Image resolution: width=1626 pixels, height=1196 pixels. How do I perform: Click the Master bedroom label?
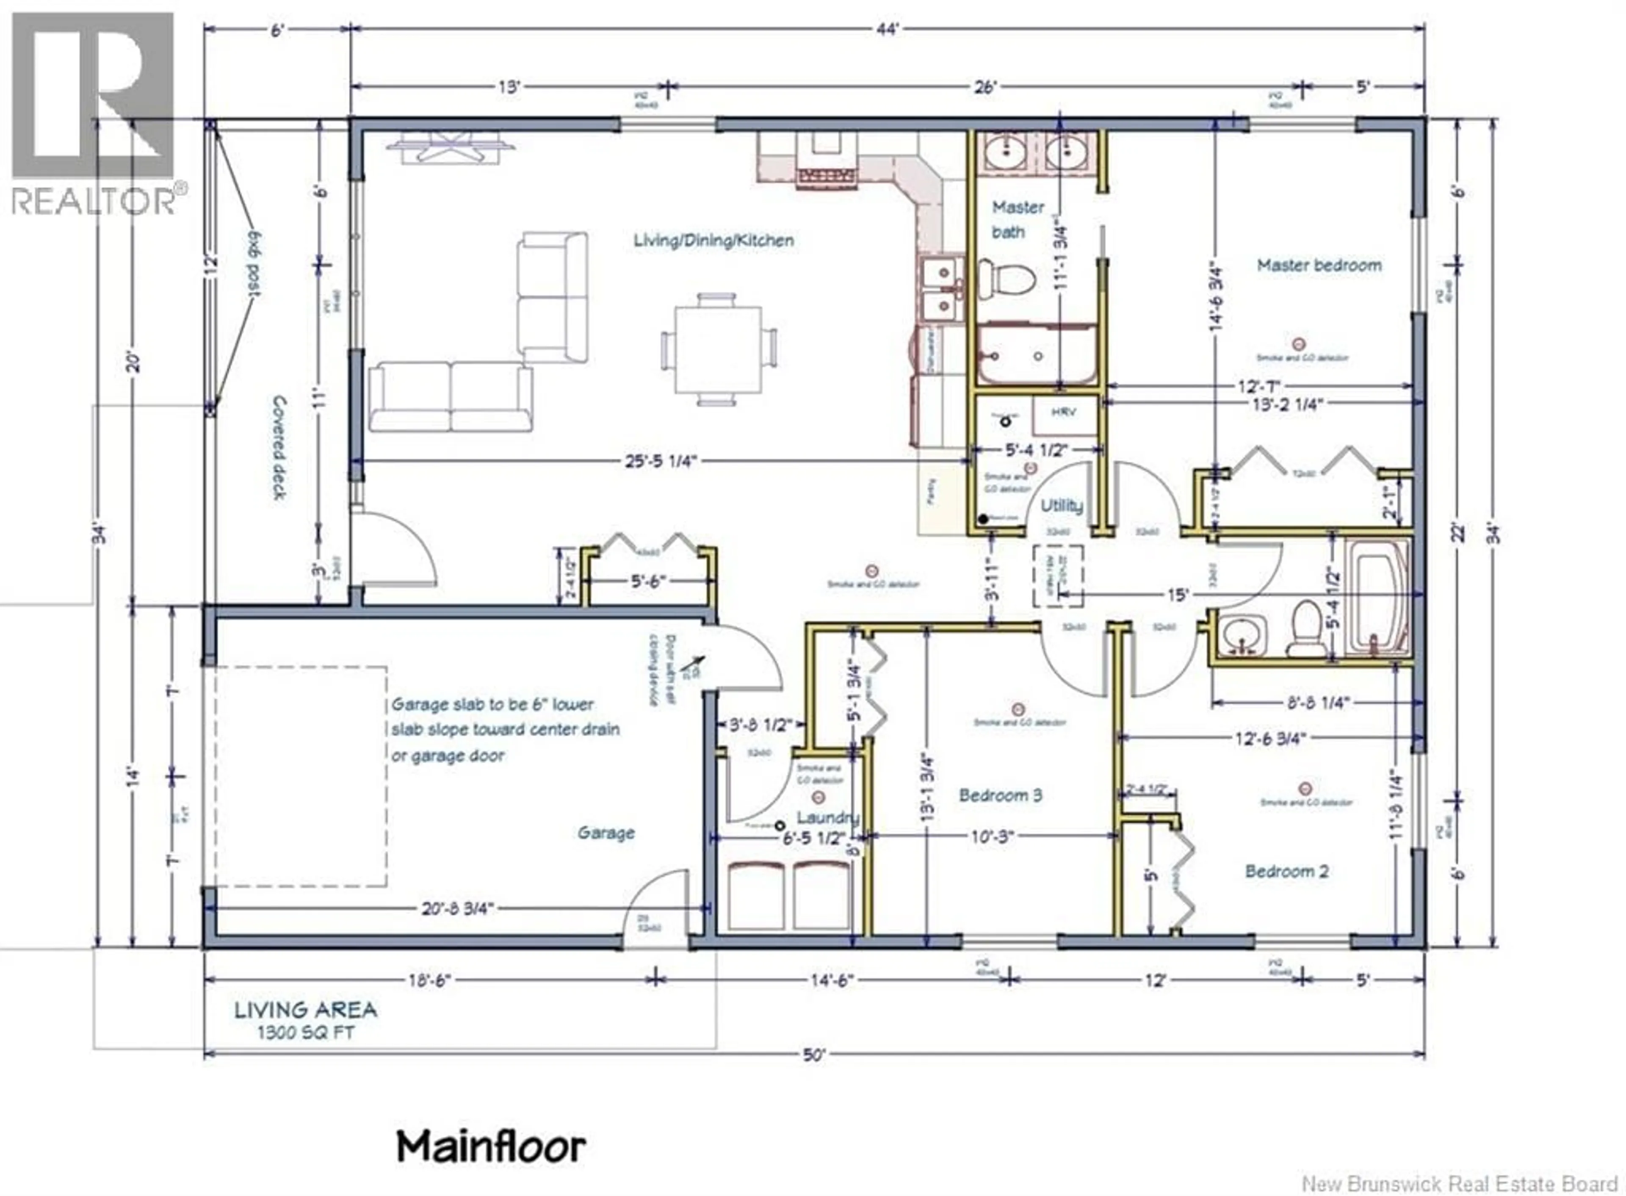pyautogui.click(x=1319, y=265)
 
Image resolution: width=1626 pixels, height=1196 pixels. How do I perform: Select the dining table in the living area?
pyautogui.click(x=717, y=350)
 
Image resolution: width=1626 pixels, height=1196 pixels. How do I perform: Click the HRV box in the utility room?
pyautogui.click(x=1063, y=412)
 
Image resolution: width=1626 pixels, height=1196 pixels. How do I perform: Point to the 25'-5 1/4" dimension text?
pyautogui.click(x=661, y=461)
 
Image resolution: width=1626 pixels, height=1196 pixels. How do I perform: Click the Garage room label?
pyautogui.click(x=606, y=833)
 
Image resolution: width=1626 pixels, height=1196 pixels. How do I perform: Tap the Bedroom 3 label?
pyautogui.click(x=1000, y=796)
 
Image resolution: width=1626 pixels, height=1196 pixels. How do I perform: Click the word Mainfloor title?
pyautogui.click(x=491, y=1147)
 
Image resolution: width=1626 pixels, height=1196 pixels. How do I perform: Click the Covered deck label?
pyautogui.click(x=279, y=447)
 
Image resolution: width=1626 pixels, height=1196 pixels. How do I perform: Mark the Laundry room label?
pyautogui.click(x=827, y=818)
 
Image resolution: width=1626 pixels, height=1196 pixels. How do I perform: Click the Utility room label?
pyautogui.click(x=1062, y=506)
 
